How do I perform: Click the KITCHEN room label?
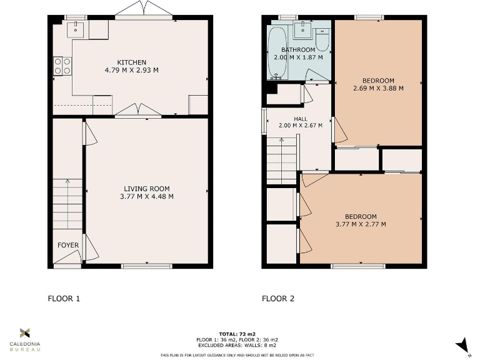click(x=131, y=62)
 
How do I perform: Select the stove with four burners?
click(x=62, y=66)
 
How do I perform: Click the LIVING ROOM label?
click(x=146, y=189)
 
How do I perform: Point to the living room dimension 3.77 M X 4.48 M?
click(x=146, y=197)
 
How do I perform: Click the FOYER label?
click(x=68, y=245)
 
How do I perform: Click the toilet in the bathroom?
click(x=322, y=39)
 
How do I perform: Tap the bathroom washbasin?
click(x=302, y=29)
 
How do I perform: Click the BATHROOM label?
click(x=298, y=49)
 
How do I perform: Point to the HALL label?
click(x=301, y=118)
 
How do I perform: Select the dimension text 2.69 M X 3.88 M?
click(x=378, y=88)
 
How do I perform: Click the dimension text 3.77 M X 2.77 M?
click(x=361, y=224)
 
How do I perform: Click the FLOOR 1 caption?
click(x=64, y=299)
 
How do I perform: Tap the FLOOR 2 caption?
click(x=277, y=299)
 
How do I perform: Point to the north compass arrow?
click(x=463, y=344)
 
